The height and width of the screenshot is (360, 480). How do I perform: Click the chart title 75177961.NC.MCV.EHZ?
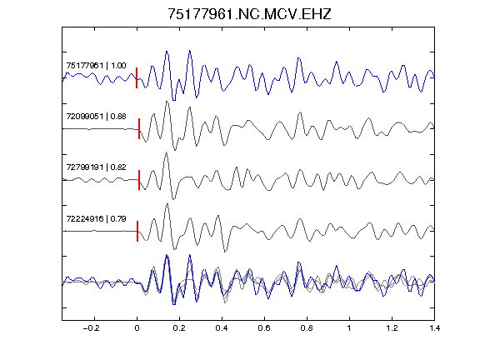pyautogui.click(x=249, y=14)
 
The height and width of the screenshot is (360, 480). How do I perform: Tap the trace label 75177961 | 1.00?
pyautogui.click(x=96, y=66)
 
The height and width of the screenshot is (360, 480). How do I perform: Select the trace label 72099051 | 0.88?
pyautogui.click(x=96, y=117)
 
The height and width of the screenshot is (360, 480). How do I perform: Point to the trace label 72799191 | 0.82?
pyautogui.click(x=96, y=167)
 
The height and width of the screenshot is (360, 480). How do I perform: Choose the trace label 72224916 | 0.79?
pyautogui.click(x=96, y=218)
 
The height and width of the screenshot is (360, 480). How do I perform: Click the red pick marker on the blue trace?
pyautogui.click(x=137, y=78)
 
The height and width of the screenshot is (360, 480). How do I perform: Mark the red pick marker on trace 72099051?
pyautogui.click(x=139, y=129)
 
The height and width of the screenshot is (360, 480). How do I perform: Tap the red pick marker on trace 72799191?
pyautogui.click(x=139, y=180)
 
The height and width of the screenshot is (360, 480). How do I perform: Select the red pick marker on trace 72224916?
pyautogui.click(x=137, y=231)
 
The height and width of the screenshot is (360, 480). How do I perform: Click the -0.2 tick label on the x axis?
pyautogui.click(x=91, y=328)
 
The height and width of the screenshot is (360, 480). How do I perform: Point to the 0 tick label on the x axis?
pyautogui.click(x=137, y=328)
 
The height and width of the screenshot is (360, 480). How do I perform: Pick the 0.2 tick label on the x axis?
pyautogui.click(x=179, y=328)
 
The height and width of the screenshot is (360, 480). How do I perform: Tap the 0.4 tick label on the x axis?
pyautogui.click(x=222, y=328)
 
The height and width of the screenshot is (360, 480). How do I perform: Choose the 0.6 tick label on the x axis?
pyautogui.click(x=264, y=328)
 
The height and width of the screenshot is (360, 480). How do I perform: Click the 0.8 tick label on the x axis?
pyautogui.click(x=307, y=328)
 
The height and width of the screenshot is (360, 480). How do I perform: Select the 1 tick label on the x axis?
pyautogui.click(x=349, y=328)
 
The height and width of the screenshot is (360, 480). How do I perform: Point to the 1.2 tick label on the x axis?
pyautogui.click(x=392, y=328)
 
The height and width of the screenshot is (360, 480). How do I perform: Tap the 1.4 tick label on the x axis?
pyautogui.click(x=434, y=328)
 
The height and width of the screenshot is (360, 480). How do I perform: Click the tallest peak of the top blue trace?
pyautogui.click(x=190, y=51)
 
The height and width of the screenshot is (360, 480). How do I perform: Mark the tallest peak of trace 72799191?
pyautogui.click(x=166, y=152)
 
